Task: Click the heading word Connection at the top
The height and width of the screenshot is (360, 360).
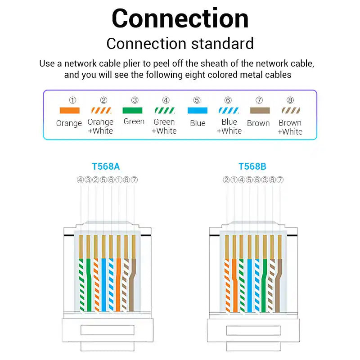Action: tap(180, 18)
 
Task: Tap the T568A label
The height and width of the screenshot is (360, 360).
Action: tap(106, 166)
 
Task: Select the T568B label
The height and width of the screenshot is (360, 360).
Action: tap(252, 166)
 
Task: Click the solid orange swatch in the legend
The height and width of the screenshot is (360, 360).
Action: tap(70, 110)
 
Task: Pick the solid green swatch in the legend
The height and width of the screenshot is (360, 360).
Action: tap(132, 110)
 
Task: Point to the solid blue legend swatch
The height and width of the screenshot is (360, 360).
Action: tap(198, 110)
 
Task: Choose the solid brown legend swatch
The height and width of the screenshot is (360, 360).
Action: tap(260, 110)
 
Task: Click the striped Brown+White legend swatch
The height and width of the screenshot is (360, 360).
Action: tap(291, 110)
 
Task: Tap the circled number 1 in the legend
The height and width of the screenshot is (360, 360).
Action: tap(72, 100)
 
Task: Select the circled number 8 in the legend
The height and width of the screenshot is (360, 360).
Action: tap(290, 100)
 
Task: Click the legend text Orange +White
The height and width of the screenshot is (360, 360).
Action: tap(100, 126)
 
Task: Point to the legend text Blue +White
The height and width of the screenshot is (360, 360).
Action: tap(229, 126)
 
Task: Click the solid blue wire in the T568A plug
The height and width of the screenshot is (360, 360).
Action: tap(103, 285)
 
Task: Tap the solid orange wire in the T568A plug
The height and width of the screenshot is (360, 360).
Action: tap(118, 285)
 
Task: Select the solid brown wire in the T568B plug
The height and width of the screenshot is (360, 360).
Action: tap(278, 285)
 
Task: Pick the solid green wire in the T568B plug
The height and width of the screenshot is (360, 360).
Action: tap(264, 285)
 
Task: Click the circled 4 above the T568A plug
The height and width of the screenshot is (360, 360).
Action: tap(81, 180)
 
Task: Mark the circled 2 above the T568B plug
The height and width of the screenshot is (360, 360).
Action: tap(226, 180)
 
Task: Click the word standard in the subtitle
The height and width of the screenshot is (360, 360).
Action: tap(222, 44)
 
